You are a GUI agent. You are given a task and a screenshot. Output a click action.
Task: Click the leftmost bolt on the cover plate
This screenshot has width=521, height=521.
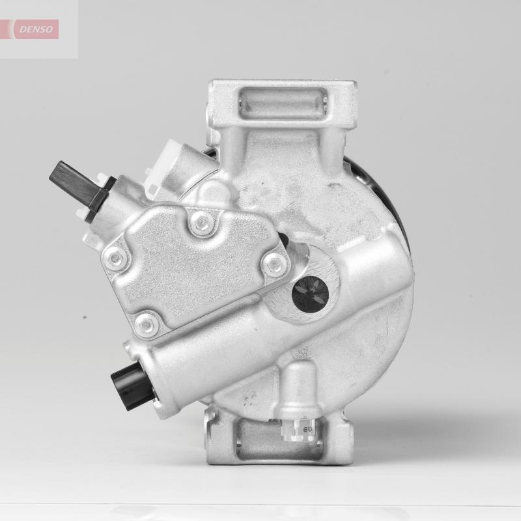point(116,259)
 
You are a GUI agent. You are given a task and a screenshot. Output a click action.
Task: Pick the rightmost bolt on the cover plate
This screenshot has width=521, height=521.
point(275,263)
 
